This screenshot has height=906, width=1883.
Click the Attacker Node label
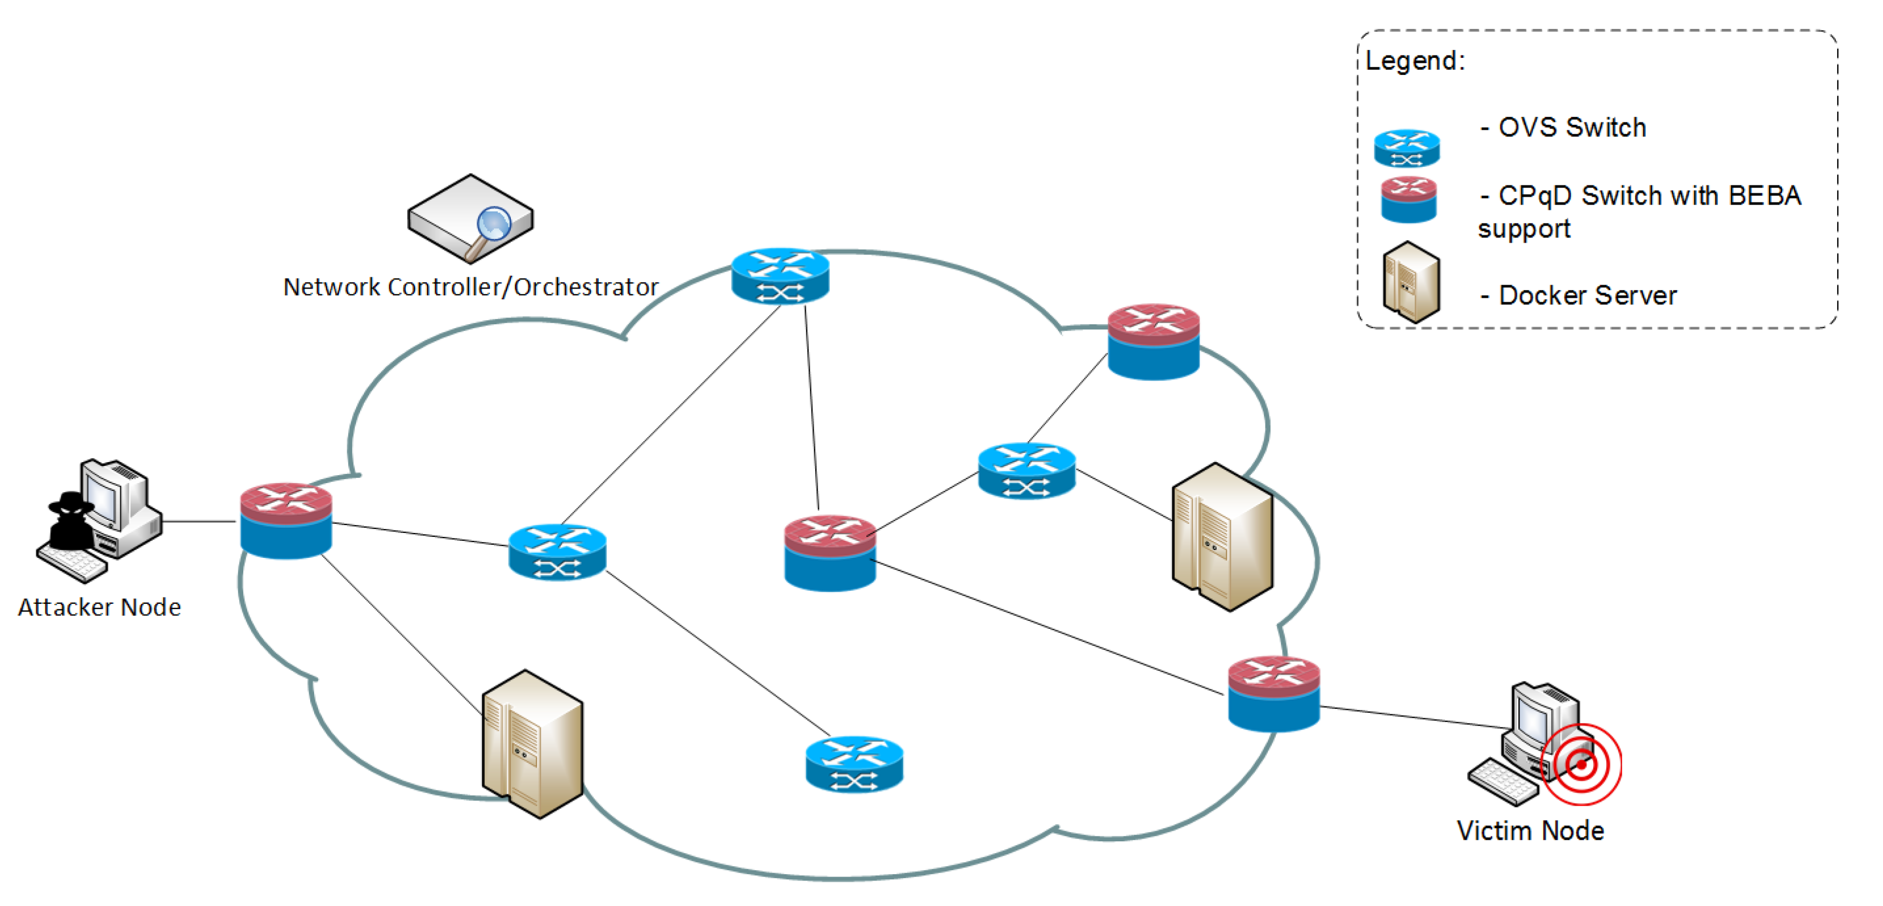[x=99, y=607]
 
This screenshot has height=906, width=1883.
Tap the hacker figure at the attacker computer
[x=71, y=522]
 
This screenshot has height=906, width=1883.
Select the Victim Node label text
[x=1530, y=831]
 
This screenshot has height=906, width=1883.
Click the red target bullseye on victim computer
[x=1581, y=764]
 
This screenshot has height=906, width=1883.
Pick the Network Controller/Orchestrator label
[x=471, y=287]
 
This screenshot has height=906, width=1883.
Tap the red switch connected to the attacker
[x=286, y=520]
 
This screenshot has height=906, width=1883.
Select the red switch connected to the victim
[x=1273, y=693]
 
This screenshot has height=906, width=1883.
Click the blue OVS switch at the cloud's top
[x=780, y=276]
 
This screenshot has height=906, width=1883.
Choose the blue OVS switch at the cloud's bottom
[x=854, y=764]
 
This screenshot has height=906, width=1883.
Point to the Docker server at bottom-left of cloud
[x=532, y=744]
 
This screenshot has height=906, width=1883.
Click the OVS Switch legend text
[x=1572, y=128]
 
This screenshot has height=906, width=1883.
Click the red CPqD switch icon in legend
[x=1408, y=200]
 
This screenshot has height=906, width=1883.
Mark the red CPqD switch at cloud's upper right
[x=1153, y=341]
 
